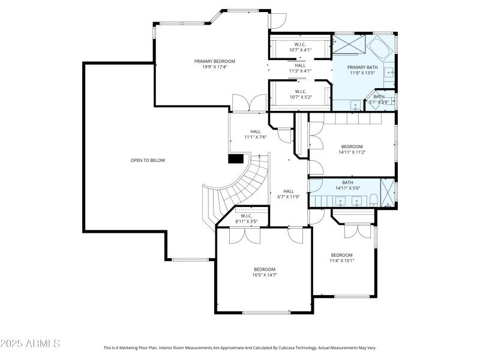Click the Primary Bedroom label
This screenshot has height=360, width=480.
[x=214, y=61]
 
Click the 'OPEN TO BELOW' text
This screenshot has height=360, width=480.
[x=148, y=160]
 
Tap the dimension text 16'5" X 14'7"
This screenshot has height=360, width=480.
[x=264, y=275]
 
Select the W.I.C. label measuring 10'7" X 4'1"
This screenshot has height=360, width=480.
[x=301, y=50]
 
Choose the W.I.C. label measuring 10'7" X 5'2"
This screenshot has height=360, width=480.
[x=301, y=97]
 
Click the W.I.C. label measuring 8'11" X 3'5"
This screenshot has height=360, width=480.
[x=246, y=222]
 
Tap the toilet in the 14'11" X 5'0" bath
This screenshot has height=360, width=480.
[x=372, y=200]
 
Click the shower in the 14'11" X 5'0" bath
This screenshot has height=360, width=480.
[x=389, y=193]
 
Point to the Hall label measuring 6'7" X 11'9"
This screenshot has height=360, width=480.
[x=288, y=197]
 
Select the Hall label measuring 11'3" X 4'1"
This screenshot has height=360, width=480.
[x=301, y=71]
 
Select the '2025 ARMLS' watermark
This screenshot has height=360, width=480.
[x=30, y=344]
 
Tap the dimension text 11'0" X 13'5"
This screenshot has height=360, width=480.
[x=362, y=73]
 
